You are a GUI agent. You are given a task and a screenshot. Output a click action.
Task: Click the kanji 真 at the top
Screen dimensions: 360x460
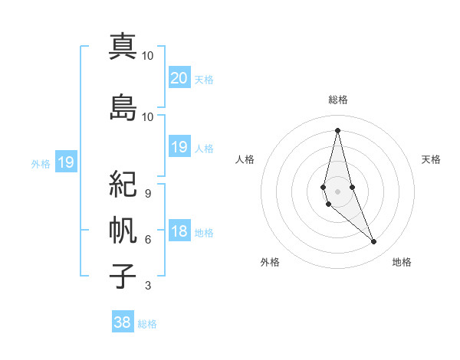coord(123,47)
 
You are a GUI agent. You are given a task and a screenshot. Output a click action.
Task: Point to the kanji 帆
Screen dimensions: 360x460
coord(123,230)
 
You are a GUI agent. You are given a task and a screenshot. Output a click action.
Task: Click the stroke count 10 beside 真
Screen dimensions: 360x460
coord(148,56)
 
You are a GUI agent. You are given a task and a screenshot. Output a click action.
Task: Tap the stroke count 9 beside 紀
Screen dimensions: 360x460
coord(148,193)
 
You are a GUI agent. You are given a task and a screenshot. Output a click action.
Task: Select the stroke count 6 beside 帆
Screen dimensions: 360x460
coord(148,240)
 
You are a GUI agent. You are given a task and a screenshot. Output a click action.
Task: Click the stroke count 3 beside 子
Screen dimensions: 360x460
coord(148,286)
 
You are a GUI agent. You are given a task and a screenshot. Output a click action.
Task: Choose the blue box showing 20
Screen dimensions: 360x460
coord(179,78)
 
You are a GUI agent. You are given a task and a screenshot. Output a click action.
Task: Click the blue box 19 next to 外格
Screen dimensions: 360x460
coord(66,162)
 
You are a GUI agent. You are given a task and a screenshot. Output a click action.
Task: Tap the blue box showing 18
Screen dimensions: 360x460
coord(179,231)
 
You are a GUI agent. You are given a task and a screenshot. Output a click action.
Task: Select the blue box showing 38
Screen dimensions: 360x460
coord(123,322)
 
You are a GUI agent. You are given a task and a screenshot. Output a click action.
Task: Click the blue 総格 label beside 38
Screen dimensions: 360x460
coord(147,324)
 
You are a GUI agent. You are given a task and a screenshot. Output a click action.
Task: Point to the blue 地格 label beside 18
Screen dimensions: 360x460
coord(204,233)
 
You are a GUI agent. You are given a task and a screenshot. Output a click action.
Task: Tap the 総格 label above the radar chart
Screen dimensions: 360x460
coord(338,100)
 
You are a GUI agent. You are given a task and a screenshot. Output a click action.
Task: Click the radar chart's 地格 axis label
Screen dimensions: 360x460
coord(402,262)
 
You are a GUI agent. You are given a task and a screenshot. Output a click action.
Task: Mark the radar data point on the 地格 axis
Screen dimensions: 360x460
coord(374,242)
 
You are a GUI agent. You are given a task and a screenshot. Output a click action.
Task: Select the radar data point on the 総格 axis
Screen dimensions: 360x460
coord(338,129)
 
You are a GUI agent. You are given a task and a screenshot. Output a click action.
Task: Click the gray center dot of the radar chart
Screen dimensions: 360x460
coord(338,191)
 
